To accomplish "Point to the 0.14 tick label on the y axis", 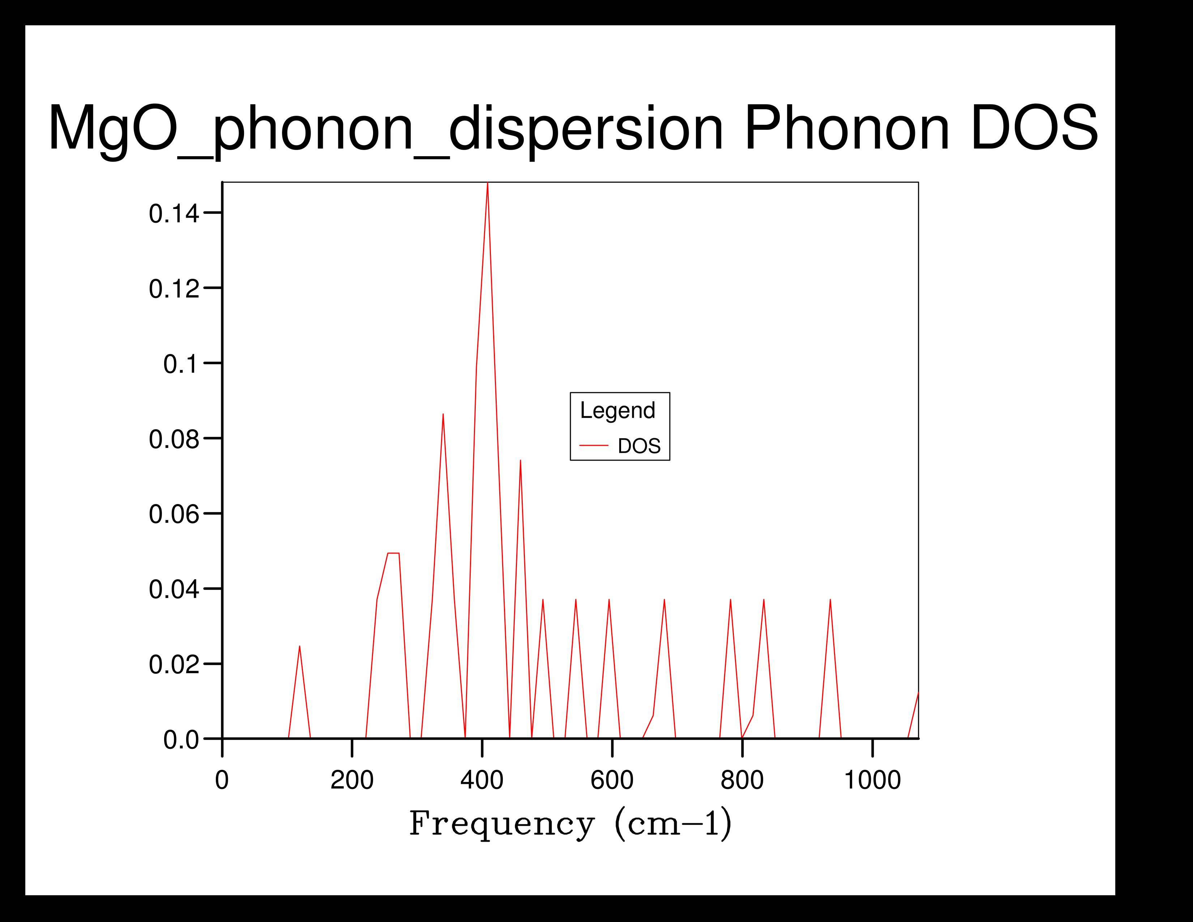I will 174,214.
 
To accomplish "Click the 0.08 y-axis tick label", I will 174,439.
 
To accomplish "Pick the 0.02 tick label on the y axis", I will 174,665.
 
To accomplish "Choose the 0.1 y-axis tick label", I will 180,364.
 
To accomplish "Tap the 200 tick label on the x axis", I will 352,780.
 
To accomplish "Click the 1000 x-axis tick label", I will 872,780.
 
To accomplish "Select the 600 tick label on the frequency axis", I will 612,780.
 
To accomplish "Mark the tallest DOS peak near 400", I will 487,184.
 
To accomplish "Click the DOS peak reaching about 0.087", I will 443,415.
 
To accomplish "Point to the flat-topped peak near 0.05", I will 393,553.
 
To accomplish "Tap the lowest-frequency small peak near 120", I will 299,647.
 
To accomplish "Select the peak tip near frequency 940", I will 830,600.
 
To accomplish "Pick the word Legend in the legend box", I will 617,410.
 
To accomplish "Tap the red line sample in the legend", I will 594,446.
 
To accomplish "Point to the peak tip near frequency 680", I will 664,600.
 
